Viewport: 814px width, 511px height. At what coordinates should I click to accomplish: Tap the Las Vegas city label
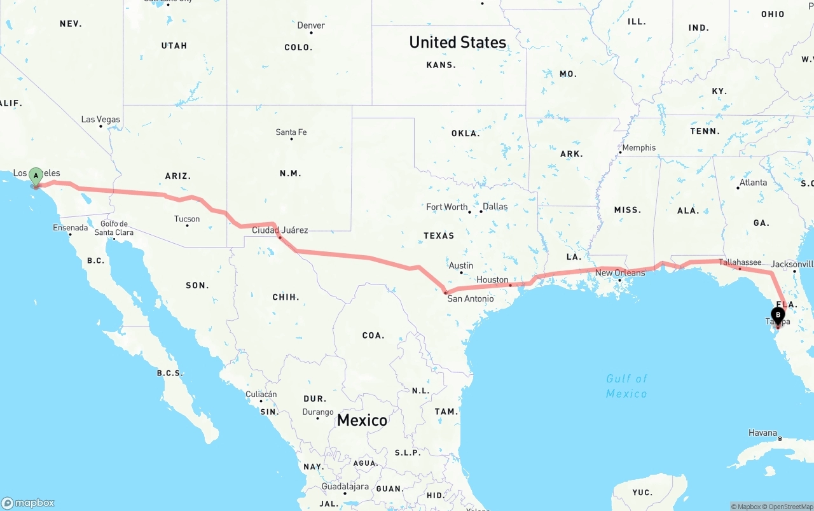100,120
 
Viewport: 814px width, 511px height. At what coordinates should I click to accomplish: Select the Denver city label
311,25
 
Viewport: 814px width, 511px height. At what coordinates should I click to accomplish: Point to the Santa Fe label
291,132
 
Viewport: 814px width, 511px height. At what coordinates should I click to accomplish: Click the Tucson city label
187,219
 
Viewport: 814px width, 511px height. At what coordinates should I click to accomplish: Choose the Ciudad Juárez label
280,230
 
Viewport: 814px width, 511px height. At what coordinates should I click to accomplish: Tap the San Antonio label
470,298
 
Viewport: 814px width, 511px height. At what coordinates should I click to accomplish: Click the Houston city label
492,279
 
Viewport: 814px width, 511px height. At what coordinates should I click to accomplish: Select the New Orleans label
620,273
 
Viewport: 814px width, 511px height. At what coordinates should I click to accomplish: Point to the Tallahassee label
740,262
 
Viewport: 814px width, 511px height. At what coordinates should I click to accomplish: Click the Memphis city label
638,148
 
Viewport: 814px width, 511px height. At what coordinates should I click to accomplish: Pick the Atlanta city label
753,182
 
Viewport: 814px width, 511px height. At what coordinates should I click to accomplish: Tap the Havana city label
762,433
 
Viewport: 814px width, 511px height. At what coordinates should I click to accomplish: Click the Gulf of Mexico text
626,386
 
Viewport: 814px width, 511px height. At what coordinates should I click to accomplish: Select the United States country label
458,43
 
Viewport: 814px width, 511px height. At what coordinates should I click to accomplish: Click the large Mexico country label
362,420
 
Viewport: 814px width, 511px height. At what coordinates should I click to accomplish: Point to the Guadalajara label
345,486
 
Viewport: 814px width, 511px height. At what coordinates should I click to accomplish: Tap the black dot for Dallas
481,211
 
